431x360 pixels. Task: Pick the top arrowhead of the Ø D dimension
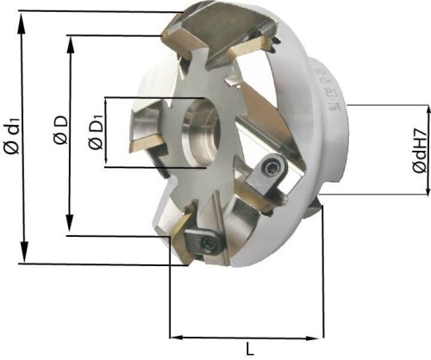69,40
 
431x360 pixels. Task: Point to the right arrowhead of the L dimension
320,337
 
